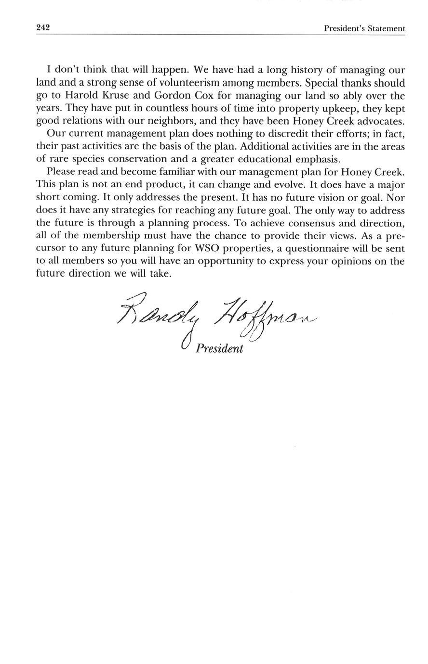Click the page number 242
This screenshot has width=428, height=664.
(x=43, y=28)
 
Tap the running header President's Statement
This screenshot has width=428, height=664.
(x=364, y=29)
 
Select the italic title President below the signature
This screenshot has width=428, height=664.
(x=219, y=348)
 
